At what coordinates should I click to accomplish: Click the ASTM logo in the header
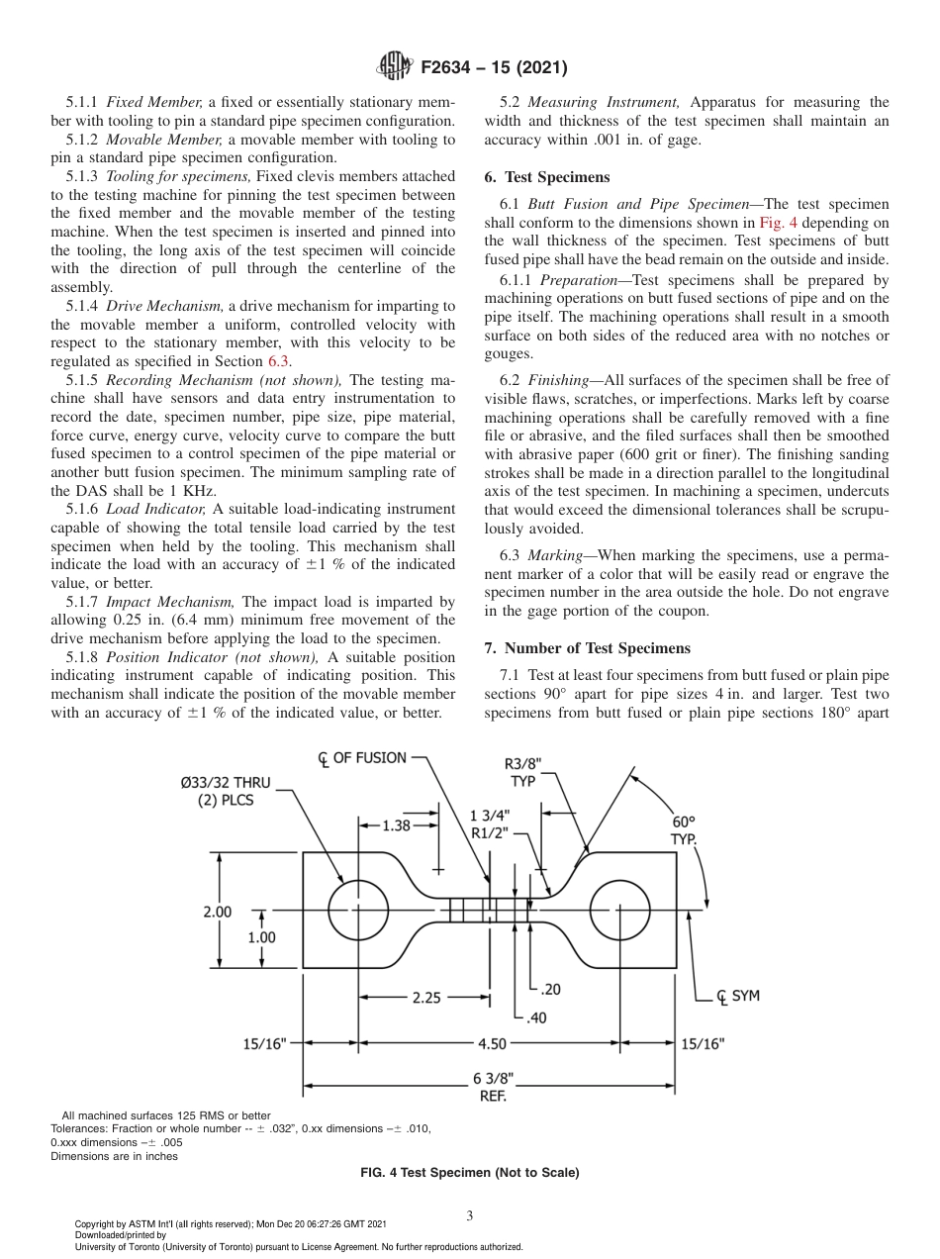[x=396, y=67]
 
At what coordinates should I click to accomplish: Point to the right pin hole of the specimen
[x=620, y=909]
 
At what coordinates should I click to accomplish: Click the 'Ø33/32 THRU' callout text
[x=225, y=782]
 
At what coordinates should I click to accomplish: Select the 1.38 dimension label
[x=396, y=824]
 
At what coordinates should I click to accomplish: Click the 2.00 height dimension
[x=218, y=911]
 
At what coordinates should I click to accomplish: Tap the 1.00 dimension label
[x=261, y=936]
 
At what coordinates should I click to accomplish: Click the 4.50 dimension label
[x=492, y=1043]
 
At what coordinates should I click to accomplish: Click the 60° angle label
[x=683, y=822]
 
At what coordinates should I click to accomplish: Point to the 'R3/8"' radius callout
[x=523, y=763]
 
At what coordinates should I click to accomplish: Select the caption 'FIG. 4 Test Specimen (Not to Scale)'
[x=469, y=1172]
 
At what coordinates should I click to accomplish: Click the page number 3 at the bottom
[x=469, y=1215]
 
